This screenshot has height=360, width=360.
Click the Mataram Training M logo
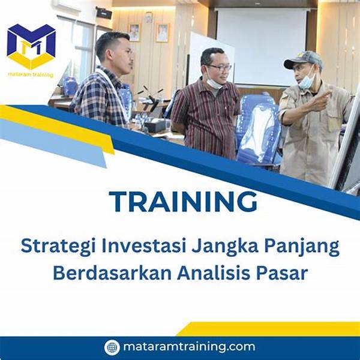[x=31, y=46]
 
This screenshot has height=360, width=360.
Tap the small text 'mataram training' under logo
[x=31, y=75]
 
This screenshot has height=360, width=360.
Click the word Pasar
[x=283, y=273]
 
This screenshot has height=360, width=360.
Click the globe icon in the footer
[x=112, y=347]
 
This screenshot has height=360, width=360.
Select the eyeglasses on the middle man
[x=220, y=67]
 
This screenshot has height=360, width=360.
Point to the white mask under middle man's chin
[x=214, y=83]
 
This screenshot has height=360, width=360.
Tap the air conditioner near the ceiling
[x=66, y=6]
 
